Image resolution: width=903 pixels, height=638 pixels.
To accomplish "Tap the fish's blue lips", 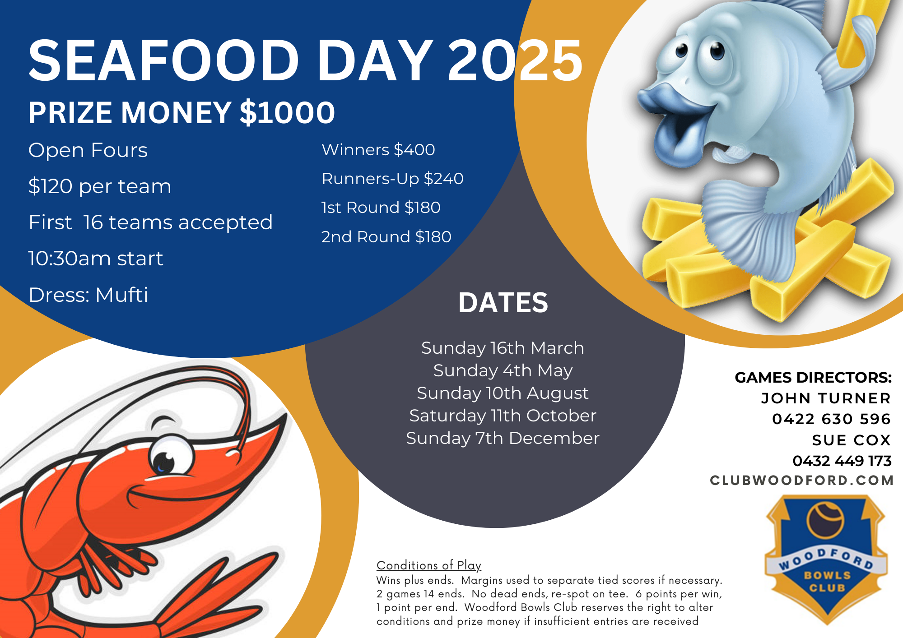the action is (x=673, y=122).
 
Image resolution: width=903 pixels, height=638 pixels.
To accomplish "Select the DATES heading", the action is (x=503, y=302).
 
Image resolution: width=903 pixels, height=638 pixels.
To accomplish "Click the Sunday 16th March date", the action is (x=503, y=348).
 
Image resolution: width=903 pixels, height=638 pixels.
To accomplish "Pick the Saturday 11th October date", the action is (x=503, y=416).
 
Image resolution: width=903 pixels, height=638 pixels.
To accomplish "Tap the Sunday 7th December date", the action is (x=503, y=438).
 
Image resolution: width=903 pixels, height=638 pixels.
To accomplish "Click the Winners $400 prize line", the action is (x=378, y=150).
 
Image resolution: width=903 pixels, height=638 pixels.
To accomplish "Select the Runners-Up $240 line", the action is (x=392, y=179).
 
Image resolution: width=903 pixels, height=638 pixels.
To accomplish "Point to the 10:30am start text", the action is (x=96, y=259).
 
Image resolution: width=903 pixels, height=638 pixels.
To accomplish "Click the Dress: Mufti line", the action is (x=88, y=295).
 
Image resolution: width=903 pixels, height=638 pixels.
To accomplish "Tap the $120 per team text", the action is (x=100, y=186).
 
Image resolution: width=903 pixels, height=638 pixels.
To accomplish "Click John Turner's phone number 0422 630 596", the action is (x=831, y=419).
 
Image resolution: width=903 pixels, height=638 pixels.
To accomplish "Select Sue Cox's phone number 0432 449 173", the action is (x=842, y=461).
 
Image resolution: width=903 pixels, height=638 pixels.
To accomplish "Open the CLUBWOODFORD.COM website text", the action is (x=802, y=481).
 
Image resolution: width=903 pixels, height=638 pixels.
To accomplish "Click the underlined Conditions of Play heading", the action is (x=429, y=565).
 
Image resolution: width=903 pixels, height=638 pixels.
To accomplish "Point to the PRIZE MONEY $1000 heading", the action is (x=182, y=112).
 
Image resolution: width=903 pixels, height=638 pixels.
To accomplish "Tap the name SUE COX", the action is (x=852, y=440).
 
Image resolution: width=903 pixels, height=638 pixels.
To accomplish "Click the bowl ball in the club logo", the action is (x=825, y=520).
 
